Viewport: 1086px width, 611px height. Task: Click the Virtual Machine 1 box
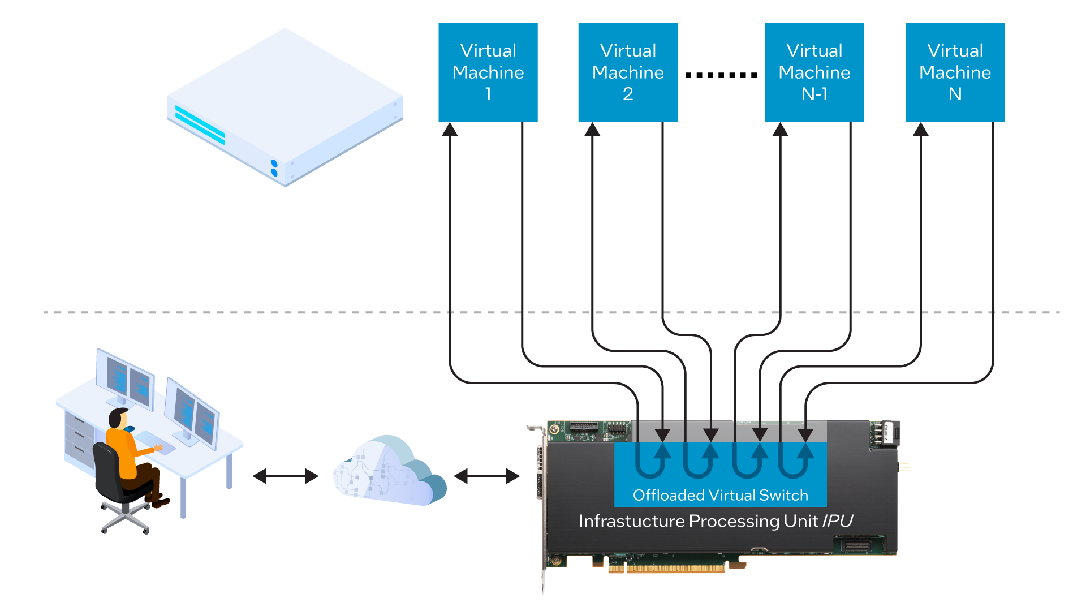(x=488, y=72)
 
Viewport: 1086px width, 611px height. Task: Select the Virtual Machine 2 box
(x=627, y=72)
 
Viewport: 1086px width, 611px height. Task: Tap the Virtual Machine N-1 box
(x=814, y=72)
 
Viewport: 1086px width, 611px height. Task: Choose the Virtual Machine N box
(x=955, y=72)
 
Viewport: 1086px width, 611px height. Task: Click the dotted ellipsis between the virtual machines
(x=721, y=75)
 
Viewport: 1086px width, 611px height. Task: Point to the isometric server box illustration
(x=286, y=107)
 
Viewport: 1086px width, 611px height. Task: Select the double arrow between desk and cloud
(x=286, y=476)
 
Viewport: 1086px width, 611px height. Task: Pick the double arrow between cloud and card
(x=486, y=476)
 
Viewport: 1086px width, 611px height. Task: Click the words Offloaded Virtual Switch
(x=720, y=496)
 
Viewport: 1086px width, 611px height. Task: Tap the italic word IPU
(x=837, y=521)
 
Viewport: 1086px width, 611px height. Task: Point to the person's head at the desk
(x=118, y=418)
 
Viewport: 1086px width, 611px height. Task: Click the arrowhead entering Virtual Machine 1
(x=450, y=130)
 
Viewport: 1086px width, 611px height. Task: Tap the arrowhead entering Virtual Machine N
(x=921, y=130)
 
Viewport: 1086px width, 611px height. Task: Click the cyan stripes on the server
(x=200, y=125)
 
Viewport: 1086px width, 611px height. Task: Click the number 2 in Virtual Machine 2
(x=628, y=94)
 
